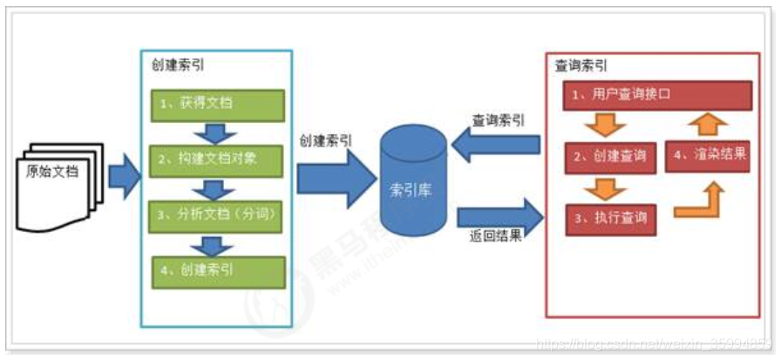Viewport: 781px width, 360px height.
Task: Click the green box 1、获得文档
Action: pyautogui.click(x=216, y=104)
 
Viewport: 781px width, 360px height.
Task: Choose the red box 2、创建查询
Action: pyautogui.click(x=610, y=156)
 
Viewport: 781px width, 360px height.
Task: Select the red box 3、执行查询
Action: pyautogui.click(x=610, y=218)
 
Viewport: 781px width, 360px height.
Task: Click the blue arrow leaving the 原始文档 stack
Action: pyautogui.click(x=124, y=178)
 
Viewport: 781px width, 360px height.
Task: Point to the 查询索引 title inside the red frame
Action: pyautogui.click(x=581, y=66)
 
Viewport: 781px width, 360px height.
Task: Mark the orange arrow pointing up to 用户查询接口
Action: pyautogui.click(x=709, y=123)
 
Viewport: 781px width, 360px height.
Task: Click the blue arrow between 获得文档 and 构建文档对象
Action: pyautogui.click(x=216, y=132)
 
